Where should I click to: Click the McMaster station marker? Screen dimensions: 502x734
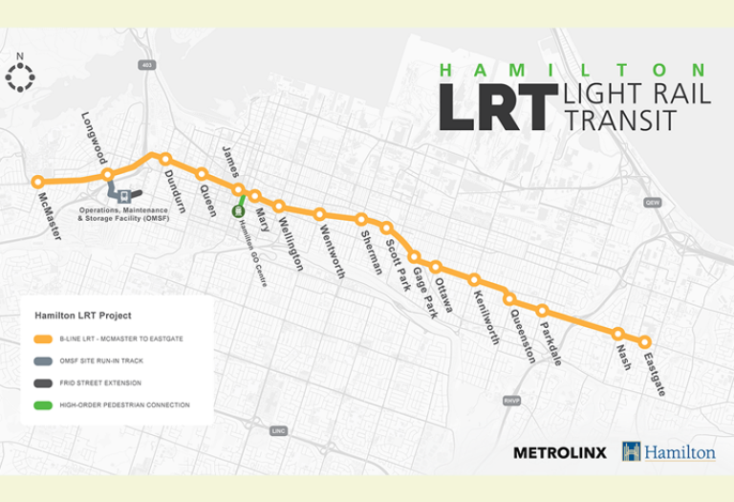38,182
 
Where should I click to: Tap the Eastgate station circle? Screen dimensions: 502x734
645,342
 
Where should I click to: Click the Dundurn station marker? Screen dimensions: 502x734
165,159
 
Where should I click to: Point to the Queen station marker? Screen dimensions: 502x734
202,174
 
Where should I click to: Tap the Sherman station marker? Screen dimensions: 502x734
362,219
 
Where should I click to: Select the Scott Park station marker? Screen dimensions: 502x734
387,228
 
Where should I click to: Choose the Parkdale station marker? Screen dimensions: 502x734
542,311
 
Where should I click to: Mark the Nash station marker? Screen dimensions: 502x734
618,334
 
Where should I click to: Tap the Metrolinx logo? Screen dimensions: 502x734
560,451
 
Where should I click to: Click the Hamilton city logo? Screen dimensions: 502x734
668,451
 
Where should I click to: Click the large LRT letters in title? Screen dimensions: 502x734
497,105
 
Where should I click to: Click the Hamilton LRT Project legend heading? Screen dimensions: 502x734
83,315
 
